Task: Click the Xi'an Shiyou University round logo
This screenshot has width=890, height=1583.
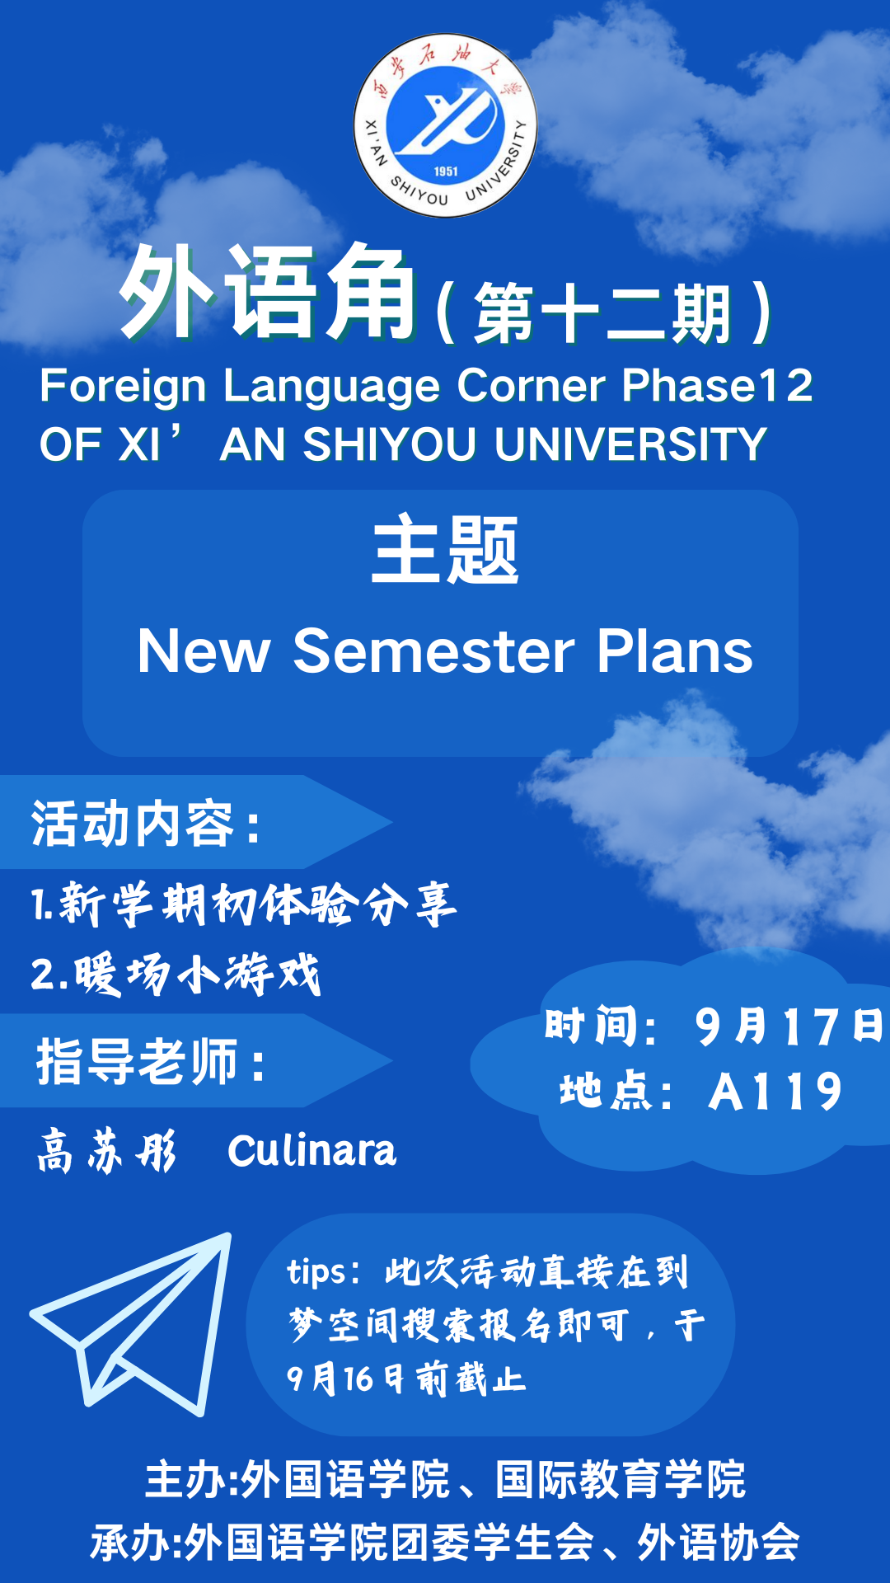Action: point(445,125)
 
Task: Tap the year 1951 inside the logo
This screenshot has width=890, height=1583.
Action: point(446,171)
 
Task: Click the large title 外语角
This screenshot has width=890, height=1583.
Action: point(268,293)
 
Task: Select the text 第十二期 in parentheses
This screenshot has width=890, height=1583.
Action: point(602,313)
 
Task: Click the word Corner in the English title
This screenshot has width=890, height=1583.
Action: point(532,386)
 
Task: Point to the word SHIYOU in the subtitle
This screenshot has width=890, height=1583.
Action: point(390,445)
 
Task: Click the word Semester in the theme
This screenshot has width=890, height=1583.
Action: point(433,651)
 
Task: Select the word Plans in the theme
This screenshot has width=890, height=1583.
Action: point(675,651)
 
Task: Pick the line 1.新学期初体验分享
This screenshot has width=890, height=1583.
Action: point(244,904)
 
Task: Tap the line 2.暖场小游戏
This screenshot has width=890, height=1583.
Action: point(176,974)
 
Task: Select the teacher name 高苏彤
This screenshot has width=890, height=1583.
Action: point(107,1151)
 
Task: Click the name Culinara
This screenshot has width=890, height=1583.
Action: point(311,1151)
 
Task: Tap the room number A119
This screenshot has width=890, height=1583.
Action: point(775,1092)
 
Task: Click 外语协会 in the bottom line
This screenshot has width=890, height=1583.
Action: point(718,1542)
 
